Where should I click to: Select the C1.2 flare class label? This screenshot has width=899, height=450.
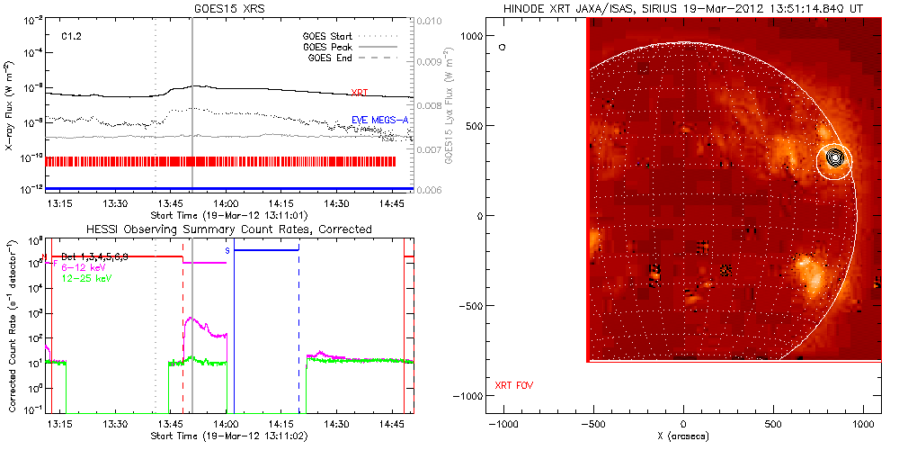tap(73, 36)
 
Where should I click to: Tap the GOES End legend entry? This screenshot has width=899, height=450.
tap(331, 58)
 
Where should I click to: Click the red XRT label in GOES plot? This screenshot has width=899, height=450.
tap(360, 93)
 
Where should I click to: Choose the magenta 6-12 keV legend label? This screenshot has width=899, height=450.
tap(84, 268)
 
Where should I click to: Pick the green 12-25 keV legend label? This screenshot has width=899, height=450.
tap(86, 280)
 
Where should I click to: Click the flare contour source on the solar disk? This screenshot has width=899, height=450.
tap(836, 157)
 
